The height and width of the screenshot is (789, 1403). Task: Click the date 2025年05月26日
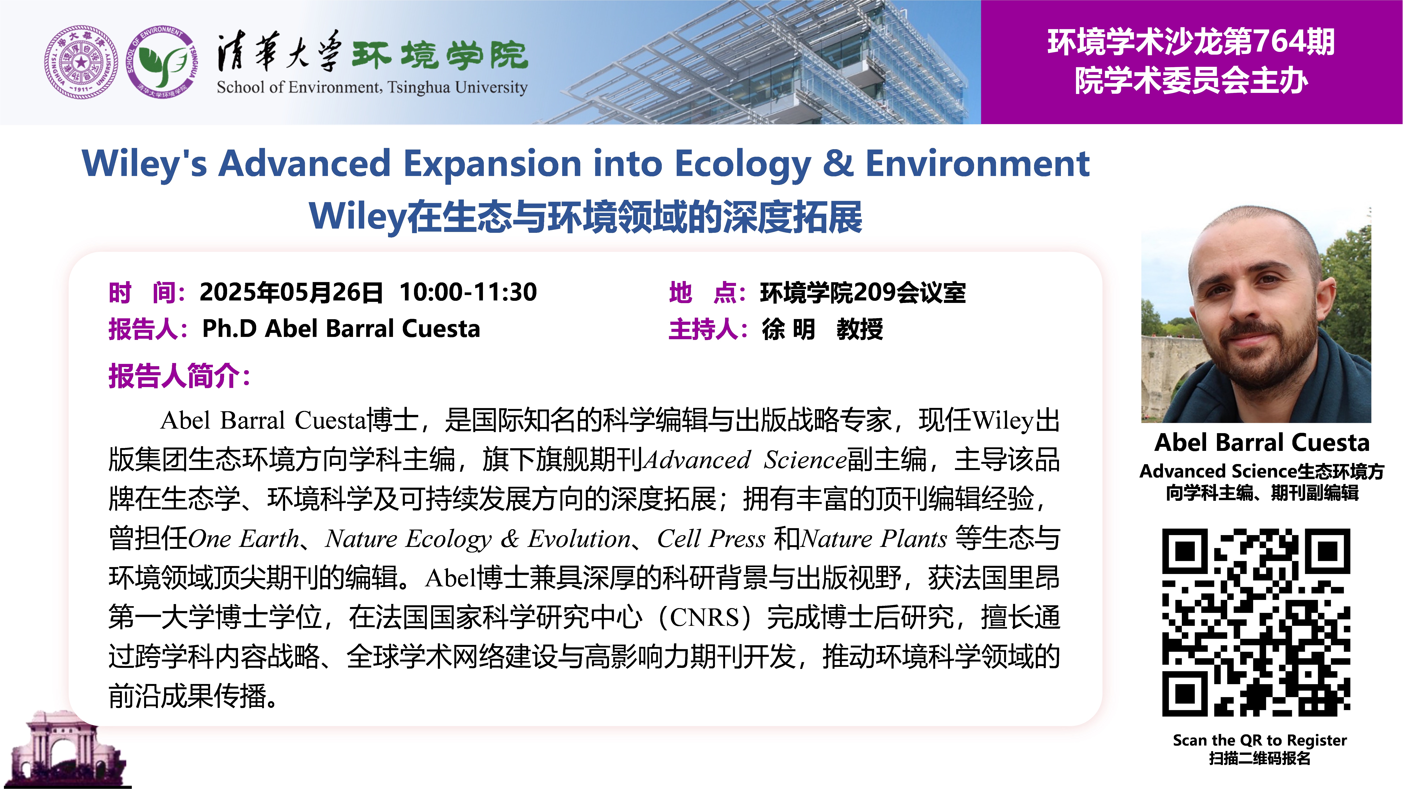click(291, 292)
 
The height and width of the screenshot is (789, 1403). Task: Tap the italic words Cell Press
click(711, 539)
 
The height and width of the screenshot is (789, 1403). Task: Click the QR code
click(1256, 622)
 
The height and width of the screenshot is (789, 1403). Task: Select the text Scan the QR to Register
click(1260, 740)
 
